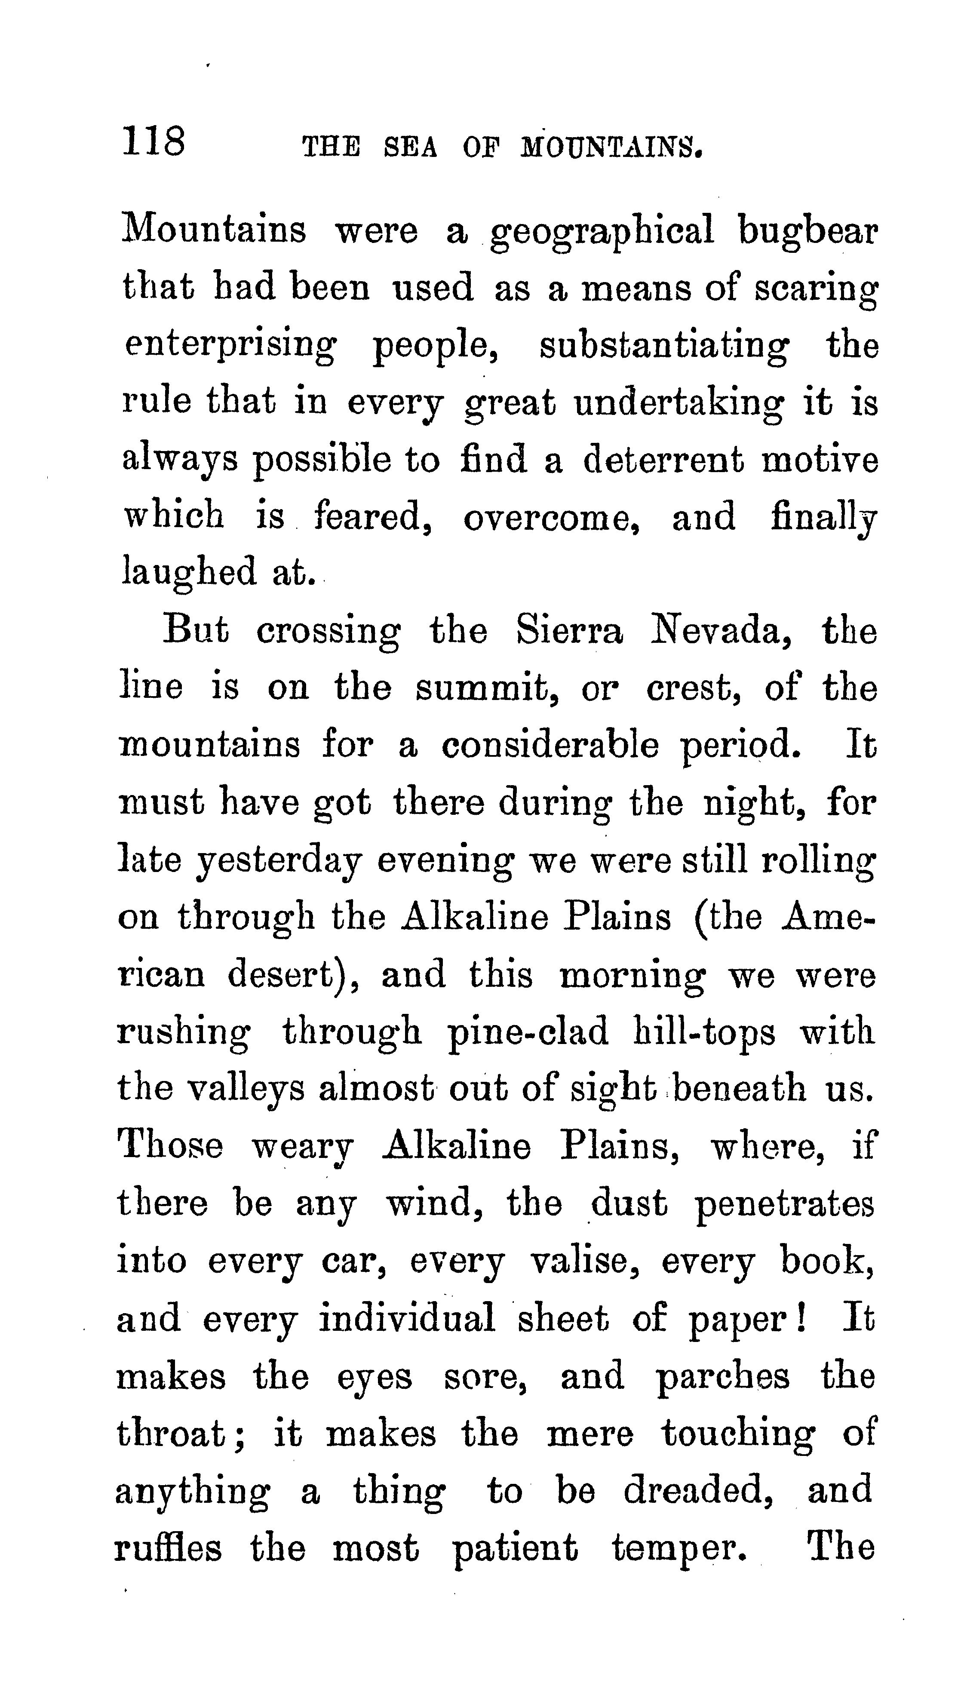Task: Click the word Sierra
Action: pos(569,631)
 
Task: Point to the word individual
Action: pos(407,1318)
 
